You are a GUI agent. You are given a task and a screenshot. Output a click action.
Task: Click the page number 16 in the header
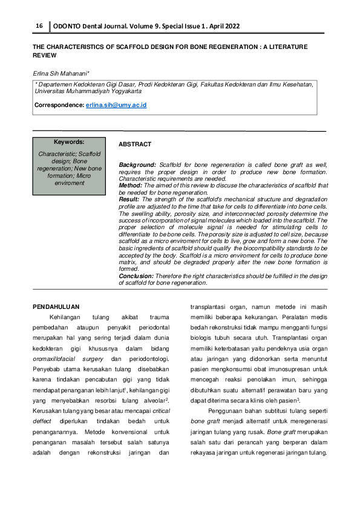tap(39, 26)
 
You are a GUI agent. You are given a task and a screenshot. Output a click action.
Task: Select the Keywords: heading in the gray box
tap(69, 142)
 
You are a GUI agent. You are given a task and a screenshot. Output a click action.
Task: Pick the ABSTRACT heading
tap(135, 145)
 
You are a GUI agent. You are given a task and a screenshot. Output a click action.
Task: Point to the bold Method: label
tap(131, 186)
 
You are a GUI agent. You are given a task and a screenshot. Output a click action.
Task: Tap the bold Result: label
tap(129, 199)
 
